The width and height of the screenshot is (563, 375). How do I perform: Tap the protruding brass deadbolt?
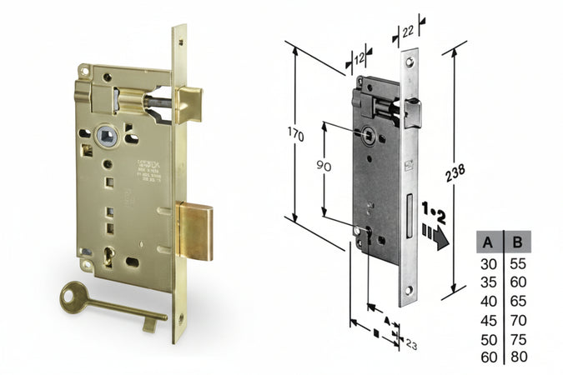click(197, 231)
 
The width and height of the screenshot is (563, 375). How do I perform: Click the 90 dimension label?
click(324, 166)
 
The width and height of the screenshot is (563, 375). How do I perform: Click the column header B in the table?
click(518, 242)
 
